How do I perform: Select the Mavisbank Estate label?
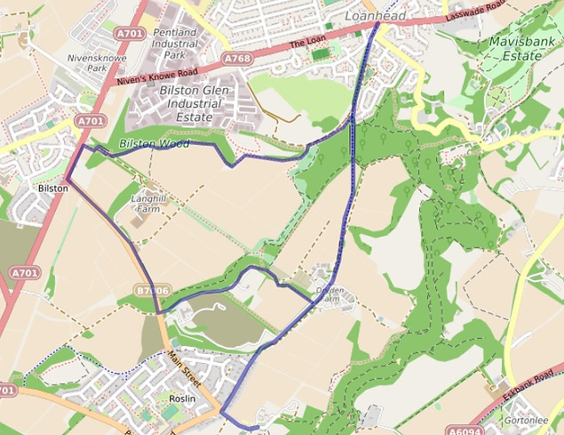coord(515,48)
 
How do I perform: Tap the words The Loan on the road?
coord(306,42)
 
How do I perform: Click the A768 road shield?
coord(237,59)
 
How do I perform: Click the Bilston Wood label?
coord(155,143)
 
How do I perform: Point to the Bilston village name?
coord(53,189)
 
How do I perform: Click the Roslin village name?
coord(182,399)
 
